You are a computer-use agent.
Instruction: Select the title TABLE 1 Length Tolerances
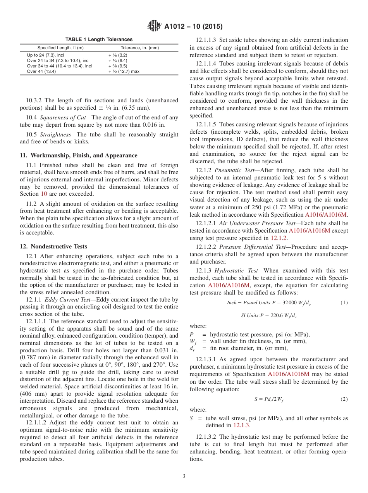coord(99,40)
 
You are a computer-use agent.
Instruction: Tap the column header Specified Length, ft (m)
coord(60,48)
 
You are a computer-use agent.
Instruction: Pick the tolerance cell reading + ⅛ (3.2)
coord(118,55)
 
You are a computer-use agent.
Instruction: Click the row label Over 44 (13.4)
coord(41,71)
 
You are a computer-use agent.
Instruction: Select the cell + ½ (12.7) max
coord(124,71)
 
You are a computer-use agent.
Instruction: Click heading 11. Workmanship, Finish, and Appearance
coord(78,155)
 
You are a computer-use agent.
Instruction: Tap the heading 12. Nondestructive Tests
coord(53,246)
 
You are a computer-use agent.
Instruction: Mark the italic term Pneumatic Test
coord(232,170)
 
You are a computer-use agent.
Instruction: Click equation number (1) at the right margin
coord(344,302)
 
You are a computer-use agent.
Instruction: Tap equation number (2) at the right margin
coord(344,399)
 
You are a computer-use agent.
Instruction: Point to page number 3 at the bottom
coord(184,476)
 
